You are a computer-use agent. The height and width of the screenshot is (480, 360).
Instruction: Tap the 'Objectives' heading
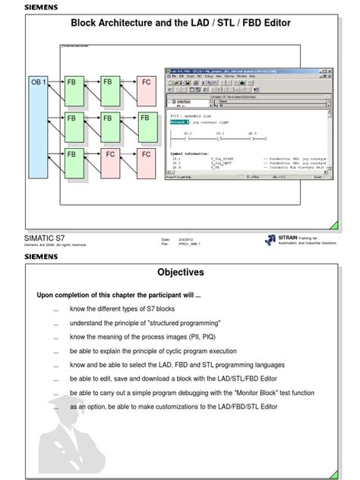181,271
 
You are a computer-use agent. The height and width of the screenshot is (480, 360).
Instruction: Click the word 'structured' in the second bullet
159,322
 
